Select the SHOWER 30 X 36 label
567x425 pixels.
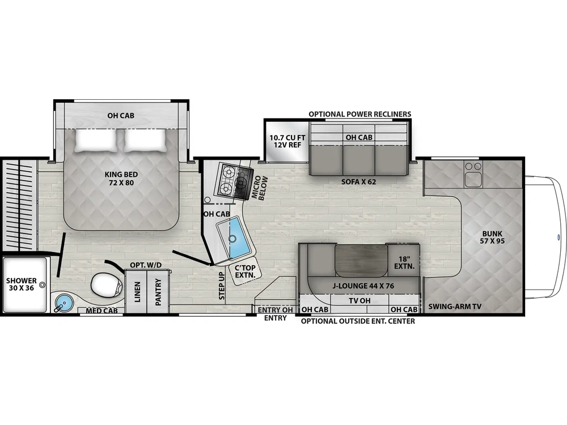[22, 284]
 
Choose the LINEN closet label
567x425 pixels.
[137, 292]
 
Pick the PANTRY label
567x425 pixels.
[158, 292]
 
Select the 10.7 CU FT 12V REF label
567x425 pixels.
[287, 141]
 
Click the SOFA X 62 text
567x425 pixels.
[359, 181]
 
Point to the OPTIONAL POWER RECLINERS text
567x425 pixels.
[360, 114]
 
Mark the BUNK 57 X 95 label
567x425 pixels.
[492, 237]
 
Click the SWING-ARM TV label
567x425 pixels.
[455, 307]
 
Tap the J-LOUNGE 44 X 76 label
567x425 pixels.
[363, 286]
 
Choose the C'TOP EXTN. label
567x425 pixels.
[245, 271]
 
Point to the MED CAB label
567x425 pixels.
[101, 311]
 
